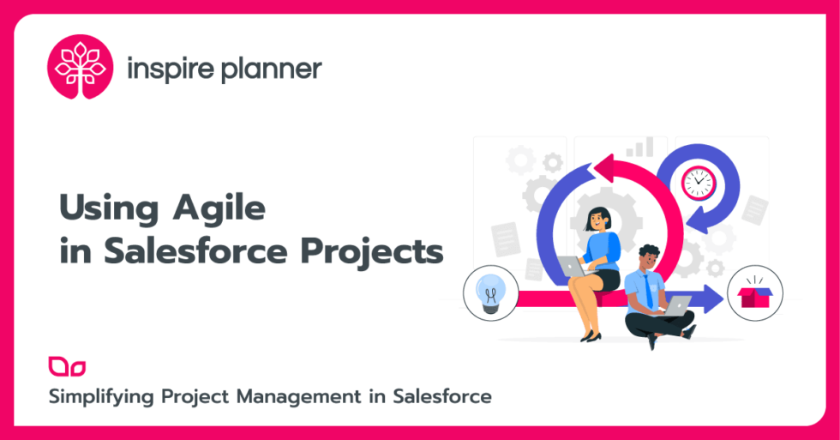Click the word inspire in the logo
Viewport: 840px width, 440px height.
tap(168, 69)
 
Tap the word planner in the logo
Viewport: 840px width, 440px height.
tap(271, 69)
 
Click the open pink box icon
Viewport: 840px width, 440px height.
tap(754, 296)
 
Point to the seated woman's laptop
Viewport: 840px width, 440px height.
tap(573, 267)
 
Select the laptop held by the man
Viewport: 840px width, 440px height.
tap(677, 304)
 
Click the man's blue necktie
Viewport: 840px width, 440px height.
tap(648, 291)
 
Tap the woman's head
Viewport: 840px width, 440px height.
tap(597, 218)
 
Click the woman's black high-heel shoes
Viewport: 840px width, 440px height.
tap(591, 335)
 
